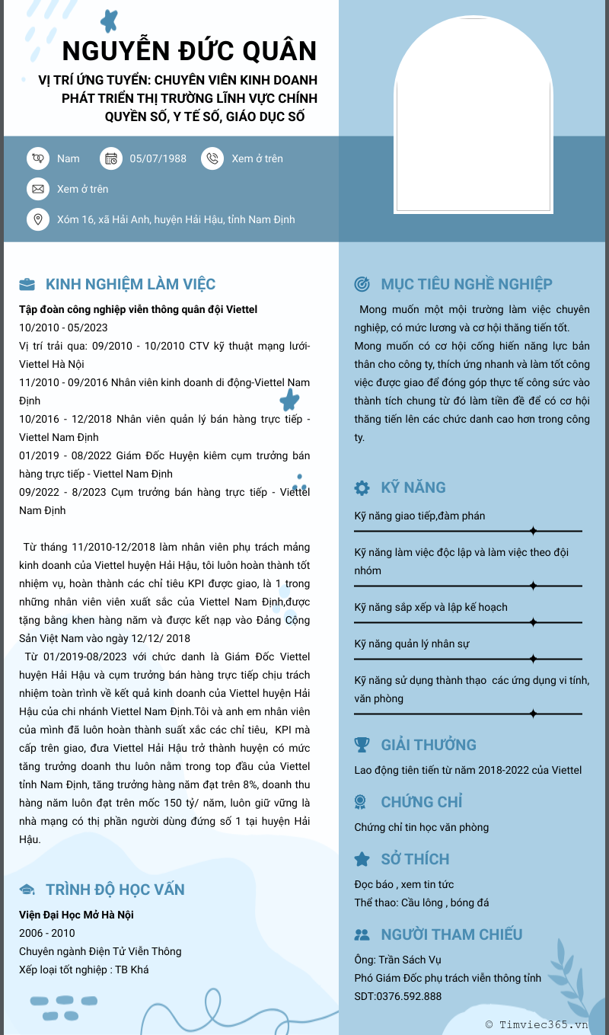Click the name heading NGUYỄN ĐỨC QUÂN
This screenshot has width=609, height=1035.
click(189, 51)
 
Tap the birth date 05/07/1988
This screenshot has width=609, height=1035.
click(158, 158)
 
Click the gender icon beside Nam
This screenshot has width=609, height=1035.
click(37, 158)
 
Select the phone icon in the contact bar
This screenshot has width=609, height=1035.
click(212, 158)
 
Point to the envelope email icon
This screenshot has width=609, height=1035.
click(37, 189)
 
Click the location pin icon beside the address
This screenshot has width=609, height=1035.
click(37, 219)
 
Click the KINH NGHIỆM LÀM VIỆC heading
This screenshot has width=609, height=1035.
click(130, 285)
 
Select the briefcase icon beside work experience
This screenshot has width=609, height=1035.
click(27, 285)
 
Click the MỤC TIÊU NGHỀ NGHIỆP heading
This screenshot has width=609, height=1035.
click(466, 284)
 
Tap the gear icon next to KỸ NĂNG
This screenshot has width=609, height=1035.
click(362, 487)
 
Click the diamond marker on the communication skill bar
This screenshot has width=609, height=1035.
click(533, 530)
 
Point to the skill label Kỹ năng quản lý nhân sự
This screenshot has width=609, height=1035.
click(412, 644)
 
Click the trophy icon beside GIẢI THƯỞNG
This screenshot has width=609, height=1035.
click(362, 745)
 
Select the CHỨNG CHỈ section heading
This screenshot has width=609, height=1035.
click(421, 802)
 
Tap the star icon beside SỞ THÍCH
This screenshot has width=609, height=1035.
click(362, 859)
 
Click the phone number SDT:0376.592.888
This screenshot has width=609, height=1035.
click(397, 996)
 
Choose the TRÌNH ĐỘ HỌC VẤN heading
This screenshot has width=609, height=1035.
click(115, 890)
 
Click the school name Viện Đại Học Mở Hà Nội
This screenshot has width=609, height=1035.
click(76, 915)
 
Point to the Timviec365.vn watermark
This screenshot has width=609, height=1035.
click(537, 1024)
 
